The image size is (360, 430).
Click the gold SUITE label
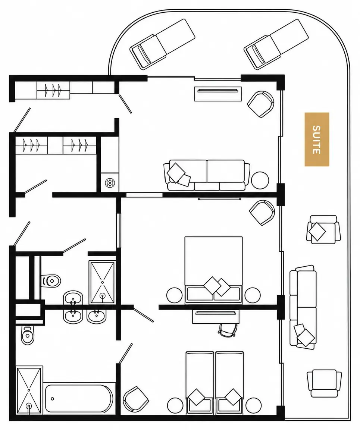pyautogui.click(x=317, y=139)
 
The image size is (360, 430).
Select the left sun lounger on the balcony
pyautogui.click(x=162, y=44)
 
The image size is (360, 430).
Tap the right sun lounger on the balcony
pyautogui.click(x=276, y=44)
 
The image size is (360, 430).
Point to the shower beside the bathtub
pyautogui.click(x=29, y=389)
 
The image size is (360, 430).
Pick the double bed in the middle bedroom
pyautogui.click(x=214, y=270)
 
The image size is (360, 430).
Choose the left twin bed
pyautogui.click(x=200, y=383)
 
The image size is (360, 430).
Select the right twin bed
pyautogui.click(x=229, y=383)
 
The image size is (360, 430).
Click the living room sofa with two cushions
pyautogui.click(x=207, y=175)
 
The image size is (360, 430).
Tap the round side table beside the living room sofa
pyautogui.click(x=260, y=180)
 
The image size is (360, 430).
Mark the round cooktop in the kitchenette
pyautogui.click(x=110, y=182)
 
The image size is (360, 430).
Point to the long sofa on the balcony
pyautogui.click(x=303, y=307)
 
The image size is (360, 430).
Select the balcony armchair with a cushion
pyautogui.click(x=323, y=229)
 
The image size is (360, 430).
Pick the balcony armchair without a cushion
pyautogui.click(x=324, y=383)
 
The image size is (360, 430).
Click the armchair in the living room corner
pyautogui.click(x=261, y=104)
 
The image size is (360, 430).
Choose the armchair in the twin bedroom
pyautogui.click(x=135, y=400)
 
